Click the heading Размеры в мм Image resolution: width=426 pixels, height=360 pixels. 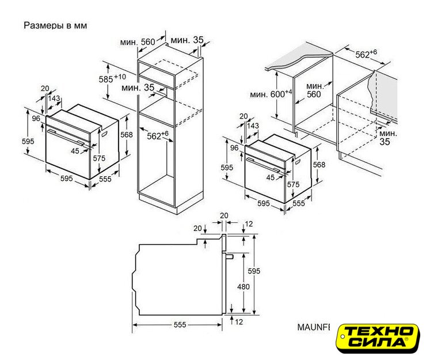55,25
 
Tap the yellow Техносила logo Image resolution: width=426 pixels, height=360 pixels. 378,338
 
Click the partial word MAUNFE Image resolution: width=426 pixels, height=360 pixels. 314,327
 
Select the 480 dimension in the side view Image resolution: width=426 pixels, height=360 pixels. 243,287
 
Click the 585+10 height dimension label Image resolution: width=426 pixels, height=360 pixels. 112,78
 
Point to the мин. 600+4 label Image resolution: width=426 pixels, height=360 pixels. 271,94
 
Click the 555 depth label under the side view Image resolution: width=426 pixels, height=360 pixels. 180,325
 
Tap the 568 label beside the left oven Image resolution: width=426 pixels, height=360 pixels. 127,135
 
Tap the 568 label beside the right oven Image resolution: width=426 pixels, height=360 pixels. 319,165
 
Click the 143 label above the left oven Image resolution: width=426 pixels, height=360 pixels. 54,98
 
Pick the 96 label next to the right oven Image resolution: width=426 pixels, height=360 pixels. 234,147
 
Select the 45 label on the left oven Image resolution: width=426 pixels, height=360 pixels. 75,151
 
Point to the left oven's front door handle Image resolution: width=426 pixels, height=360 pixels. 66,137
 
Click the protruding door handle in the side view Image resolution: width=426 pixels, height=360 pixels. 229,256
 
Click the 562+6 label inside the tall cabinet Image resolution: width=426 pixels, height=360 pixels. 158,135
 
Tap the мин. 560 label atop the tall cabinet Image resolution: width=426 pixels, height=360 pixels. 138,42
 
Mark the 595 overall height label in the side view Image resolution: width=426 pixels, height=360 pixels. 254,271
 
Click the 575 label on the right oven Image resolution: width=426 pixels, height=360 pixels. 293,184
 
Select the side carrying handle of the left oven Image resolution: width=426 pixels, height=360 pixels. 104,134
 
